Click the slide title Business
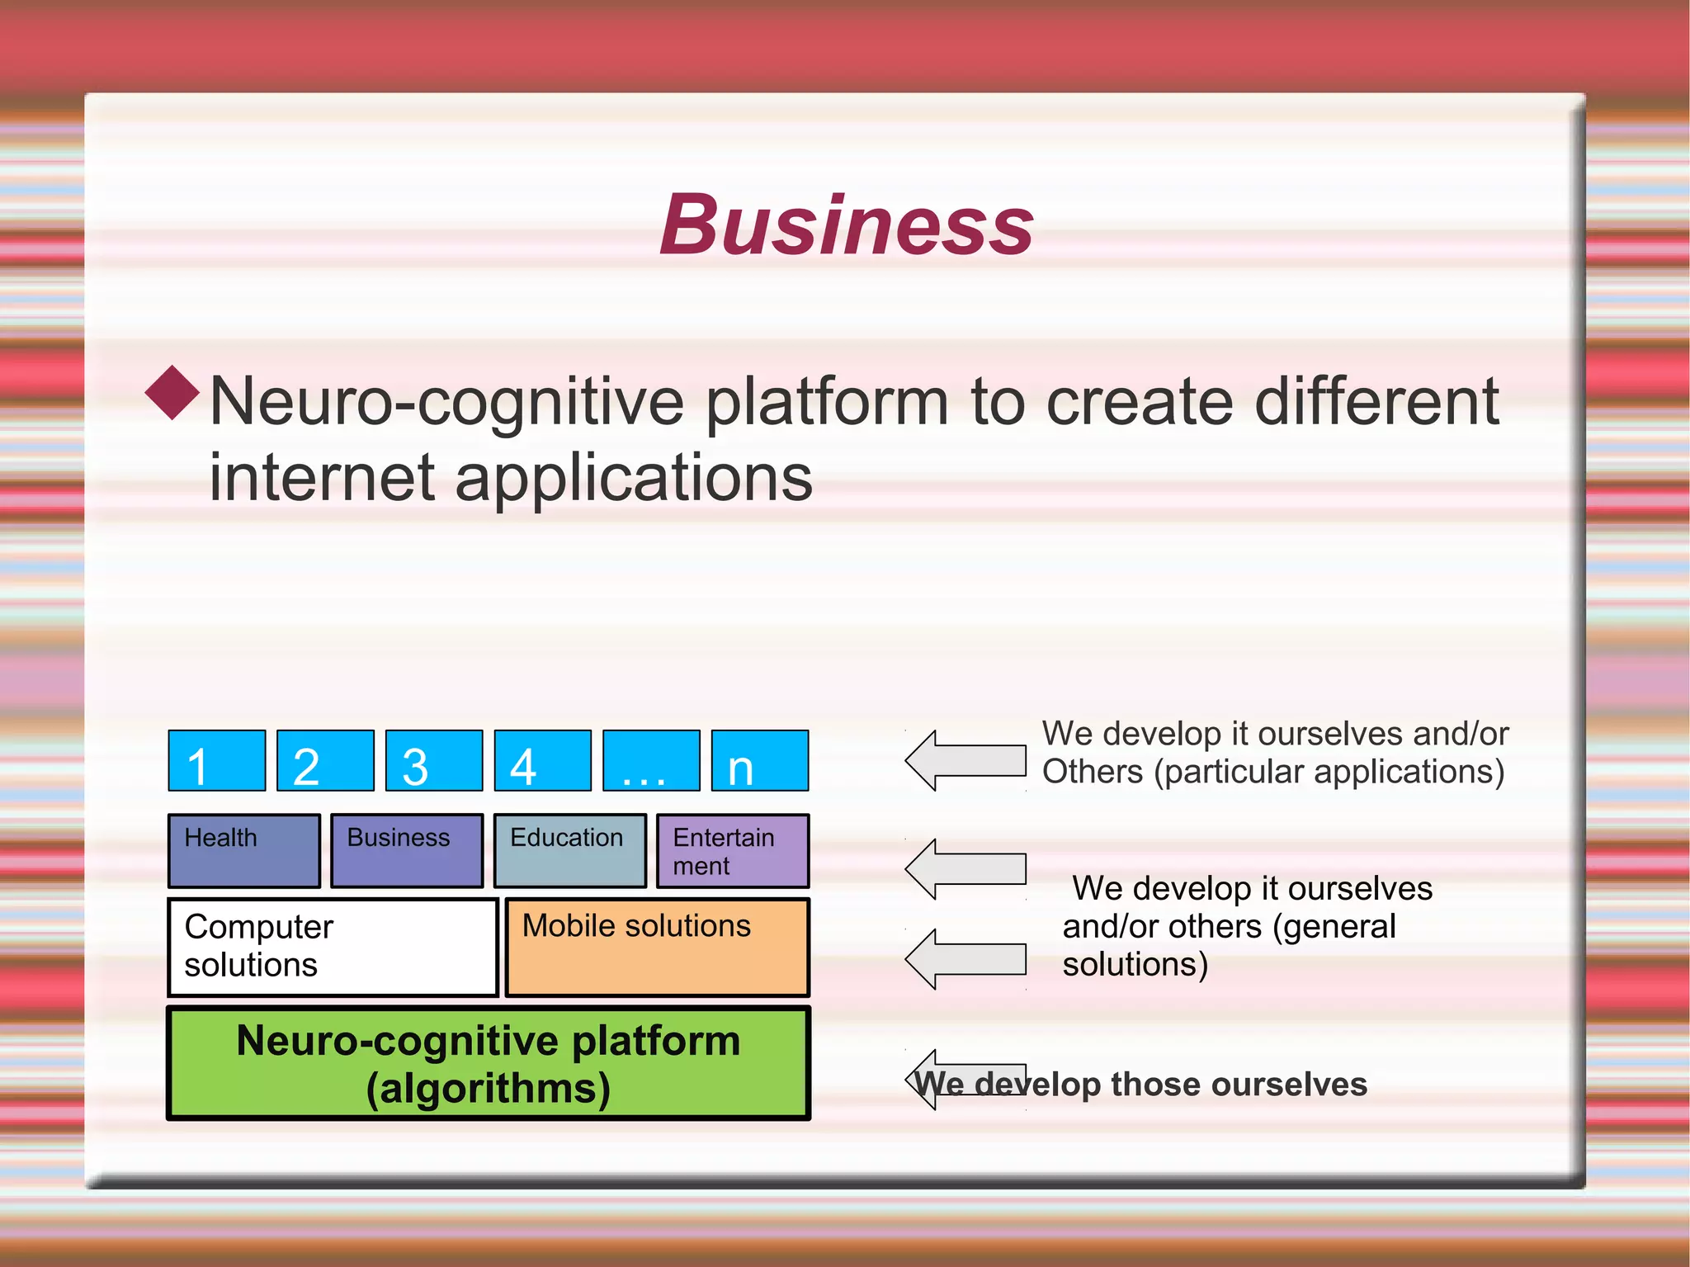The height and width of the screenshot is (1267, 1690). point(846,225)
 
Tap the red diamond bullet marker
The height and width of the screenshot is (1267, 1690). point(172,393)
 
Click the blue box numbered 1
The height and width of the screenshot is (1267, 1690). point(217,760)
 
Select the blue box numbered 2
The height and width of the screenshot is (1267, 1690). point(325,760)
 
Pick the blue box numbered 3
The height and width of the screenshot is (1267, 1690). point(434,760)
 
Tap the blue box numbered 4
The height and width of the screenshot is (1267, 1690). point(542,760)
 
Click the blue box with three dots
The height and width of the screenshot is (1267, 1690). point(651,760)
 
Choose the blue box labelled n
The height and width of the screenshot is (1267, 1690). point(759,760)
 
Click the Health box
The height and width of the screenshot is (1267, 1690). point(244,850)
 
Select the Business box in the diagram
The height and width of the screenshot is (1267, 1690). point(407,850)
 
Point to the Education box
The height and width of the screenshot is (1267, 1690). point(569,850)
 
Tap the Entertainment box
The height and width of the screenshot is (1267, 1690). point(733,850)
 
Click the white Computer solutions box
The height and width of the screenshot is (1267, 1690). point(333,947)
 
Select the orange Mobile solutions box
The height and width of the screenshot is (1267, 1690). point(657,947)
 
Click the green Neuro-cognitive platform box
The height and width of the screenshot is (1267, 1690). point(489,1063)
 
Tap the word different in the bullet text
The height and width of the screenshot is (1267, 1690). point(1376,401)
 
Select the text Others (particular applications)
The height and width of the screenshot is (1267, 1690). point(1272,772)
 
